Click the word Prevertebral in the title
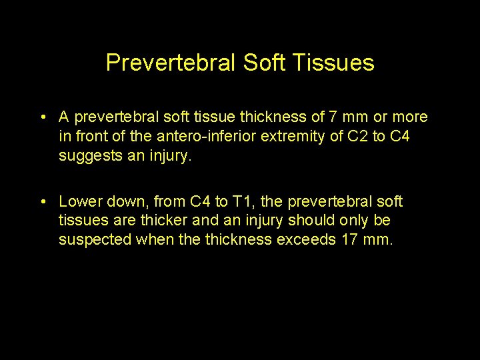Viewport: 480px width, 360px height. point(169,63)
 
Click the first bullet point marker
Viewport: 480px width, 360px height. point(42,118)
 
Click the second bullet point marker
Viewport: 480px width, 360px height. point(42,202)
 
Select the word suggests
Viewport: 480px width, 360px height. point(86,157)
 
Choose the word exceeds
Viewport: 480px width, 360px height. point(307,239)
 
